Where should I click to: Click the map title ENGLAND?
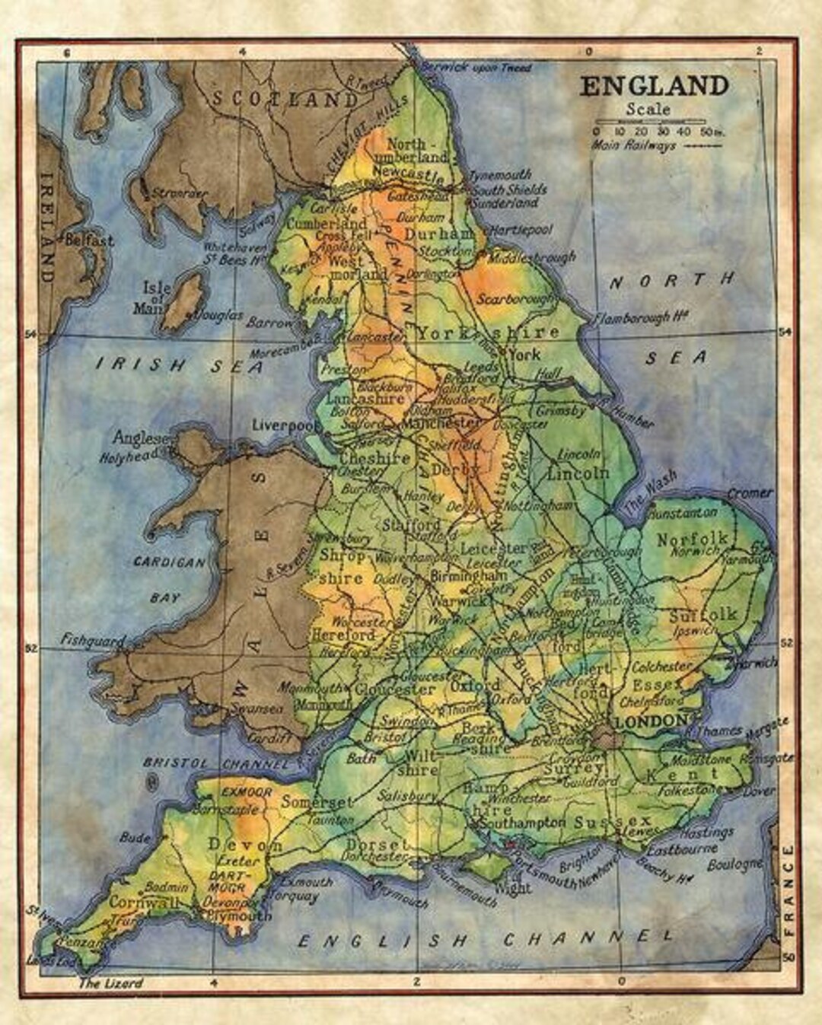(x=654, y=86)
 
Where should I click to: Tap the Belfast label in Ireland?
(x=89, y=240)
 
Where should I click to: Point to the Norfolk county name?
(x=692, y=539)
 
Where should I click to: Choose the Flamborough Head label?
(x=641, y=317)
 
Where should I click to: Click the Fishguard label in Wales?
(x=93, y=641)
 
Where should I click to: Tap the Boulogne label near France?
(x=734, y=864)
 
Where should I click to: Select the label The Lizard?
(x=111, y=983)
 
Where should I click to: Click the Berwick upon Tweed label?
(x=476, y=68)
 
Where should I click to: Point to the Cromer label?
(x=750, y=493)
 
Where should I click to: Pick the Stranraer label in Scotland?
(x=179, y=193)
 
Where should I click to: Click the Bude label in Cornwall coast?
(x=135, y=838)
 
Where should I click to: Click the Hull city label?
(x=548, y=374)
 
